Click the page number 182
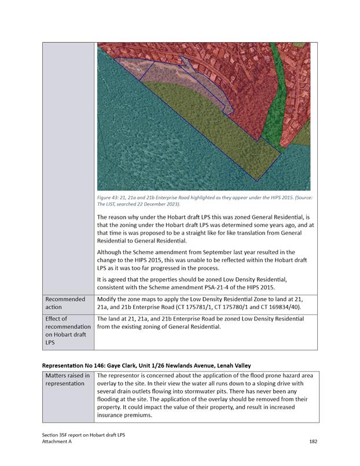coord(313,441)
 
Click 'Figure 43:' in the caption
coord(108,198)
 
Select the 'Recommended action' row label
coord(65,303)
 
